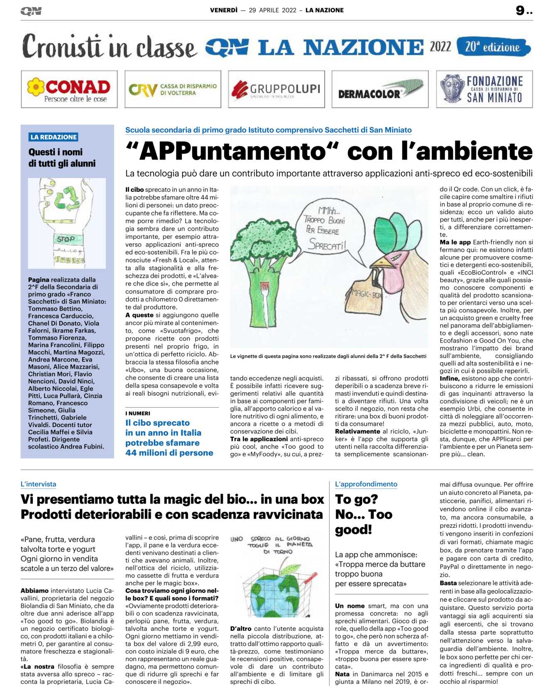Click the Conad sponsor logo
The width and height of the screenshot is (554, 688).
coord(69,89)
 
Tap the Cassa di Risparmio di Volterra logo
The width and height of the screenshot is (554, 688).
coord(173,89)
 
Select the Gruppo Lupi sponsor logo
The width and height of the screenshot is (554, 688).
coord(276,89)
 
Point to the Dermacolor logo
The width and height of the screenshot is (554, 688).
coord(380,89)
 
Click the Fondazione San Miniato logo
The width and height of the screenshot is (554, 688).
coord(484,89)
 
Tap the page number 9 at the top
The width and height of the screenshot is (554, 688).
coord(520,10)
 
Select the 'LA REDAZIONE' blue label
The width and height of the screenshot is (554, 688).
coord(54,137)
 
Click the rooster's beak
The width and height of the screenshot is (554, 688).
coord(379,263)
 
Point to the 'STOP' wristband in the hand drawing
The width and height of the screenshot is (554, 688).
coord(66,239)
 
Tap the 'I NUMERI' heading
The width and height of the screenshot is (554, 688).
coord(138,413)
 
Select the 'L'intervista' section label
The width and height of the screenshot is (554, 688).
coord(38,484)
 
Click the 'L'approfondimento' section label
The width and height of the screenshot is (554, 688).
coord(366,484)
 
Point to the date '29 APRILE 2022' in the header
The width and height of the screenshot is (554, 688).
coord(273,10)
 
